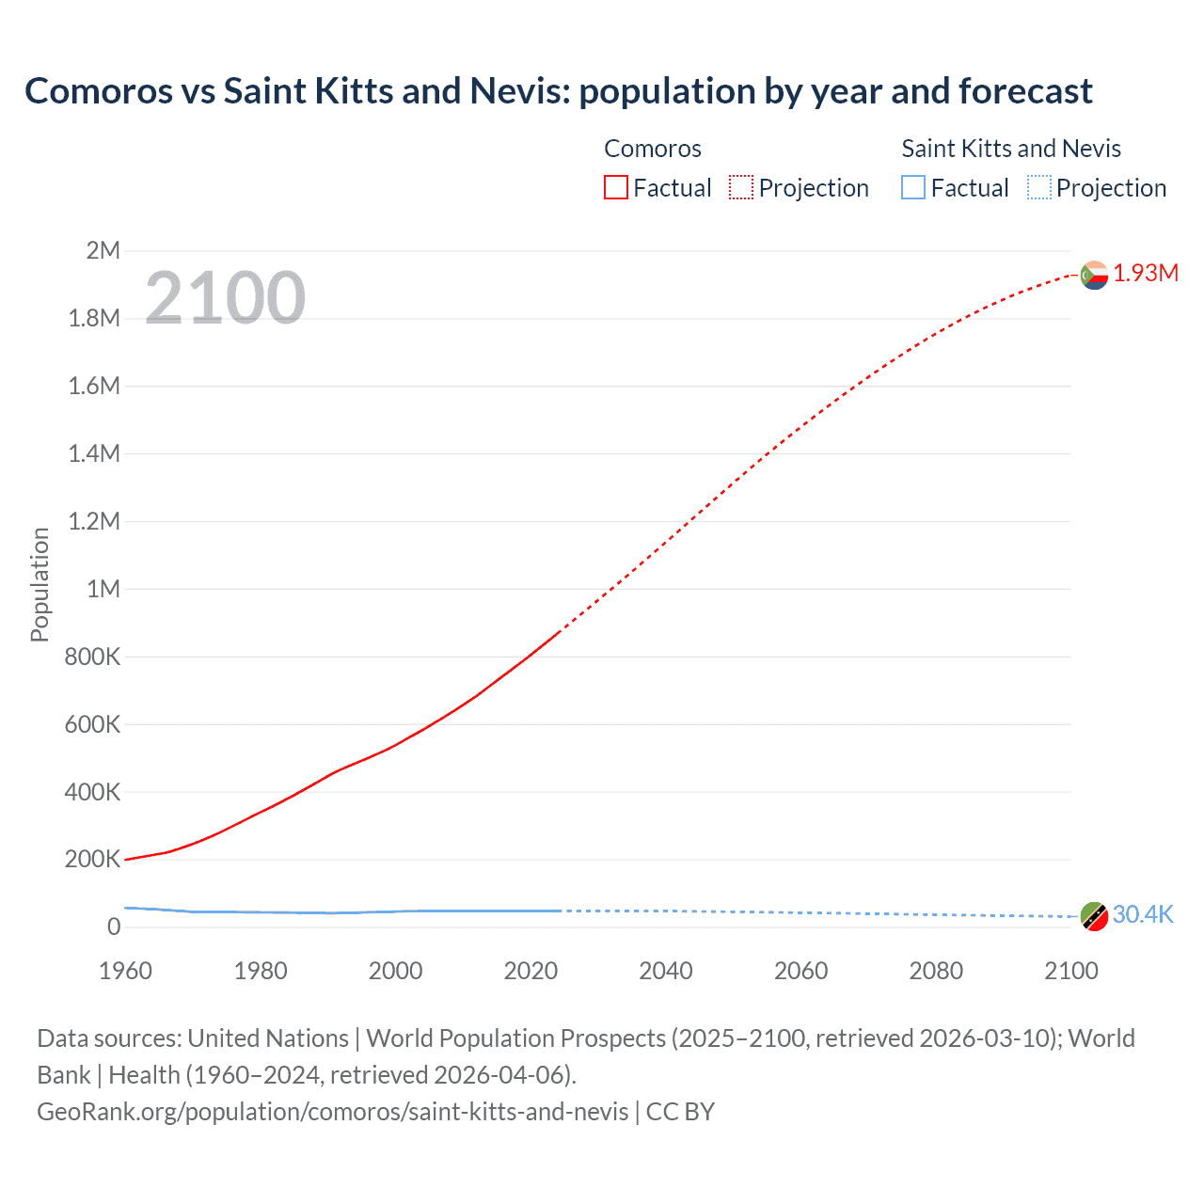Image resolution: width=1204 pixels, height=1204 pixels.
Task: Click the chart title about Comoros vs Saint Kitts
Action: click(558, 91)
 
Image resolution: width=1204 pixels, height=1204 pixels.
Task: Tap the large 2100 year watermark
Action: click(225, 297)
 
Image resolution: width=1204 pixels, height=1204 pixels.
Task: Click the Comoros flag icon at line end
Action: click(1094, 275)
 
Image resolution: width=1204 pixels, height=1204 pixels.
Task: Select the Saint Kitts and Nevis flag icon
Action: click(1094, 915)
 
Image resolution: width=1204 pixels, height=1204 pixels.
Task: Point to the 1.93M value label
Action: click(1146, 273)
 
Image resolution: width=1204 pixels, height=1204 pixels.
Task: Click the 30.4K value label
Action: click(1143, 914)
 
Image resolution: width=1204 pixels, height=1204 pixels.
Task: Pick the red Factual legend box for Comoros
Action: click(616, 188)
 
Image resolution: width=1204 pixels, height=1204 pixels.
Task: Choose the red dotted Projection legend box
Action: click(741, 188)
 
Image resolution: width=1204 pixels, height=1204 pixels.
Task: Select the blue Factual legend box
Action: click(913, 188)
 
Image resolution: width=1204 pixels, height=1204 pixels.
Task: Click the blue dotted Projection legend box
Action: click(1039, 188)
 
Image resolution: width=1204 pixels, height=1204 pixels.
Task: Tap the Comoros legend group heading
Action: click(652, 149)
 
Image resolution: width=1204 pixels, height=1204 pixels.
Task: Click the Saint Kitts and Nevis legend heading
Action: click(1011, 149)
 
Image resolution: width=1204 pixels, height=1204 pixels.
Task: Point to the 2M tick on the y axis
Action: click(103, 250)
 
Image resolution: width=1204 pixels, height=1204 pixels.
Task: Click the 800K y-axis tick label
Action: click(92, 657)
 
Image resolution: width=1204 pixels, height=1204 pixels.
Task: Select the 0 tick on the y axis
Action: click(114, 927)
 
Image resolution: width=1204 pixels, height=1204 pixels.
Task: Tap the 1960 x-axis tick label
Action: click(125, 971)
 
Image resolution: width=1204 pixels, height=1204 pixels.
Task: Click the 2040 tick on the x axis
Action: click(666, 971)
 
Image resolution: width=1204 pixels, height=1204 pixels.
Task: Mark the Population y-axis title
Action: click(40, 584)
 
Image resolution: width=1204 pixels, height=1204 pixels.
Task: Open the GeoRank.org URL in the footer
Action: click(332, 1112)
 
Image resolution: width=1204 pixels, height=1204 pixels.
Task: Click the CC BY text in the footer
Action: click(680, 1112)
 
